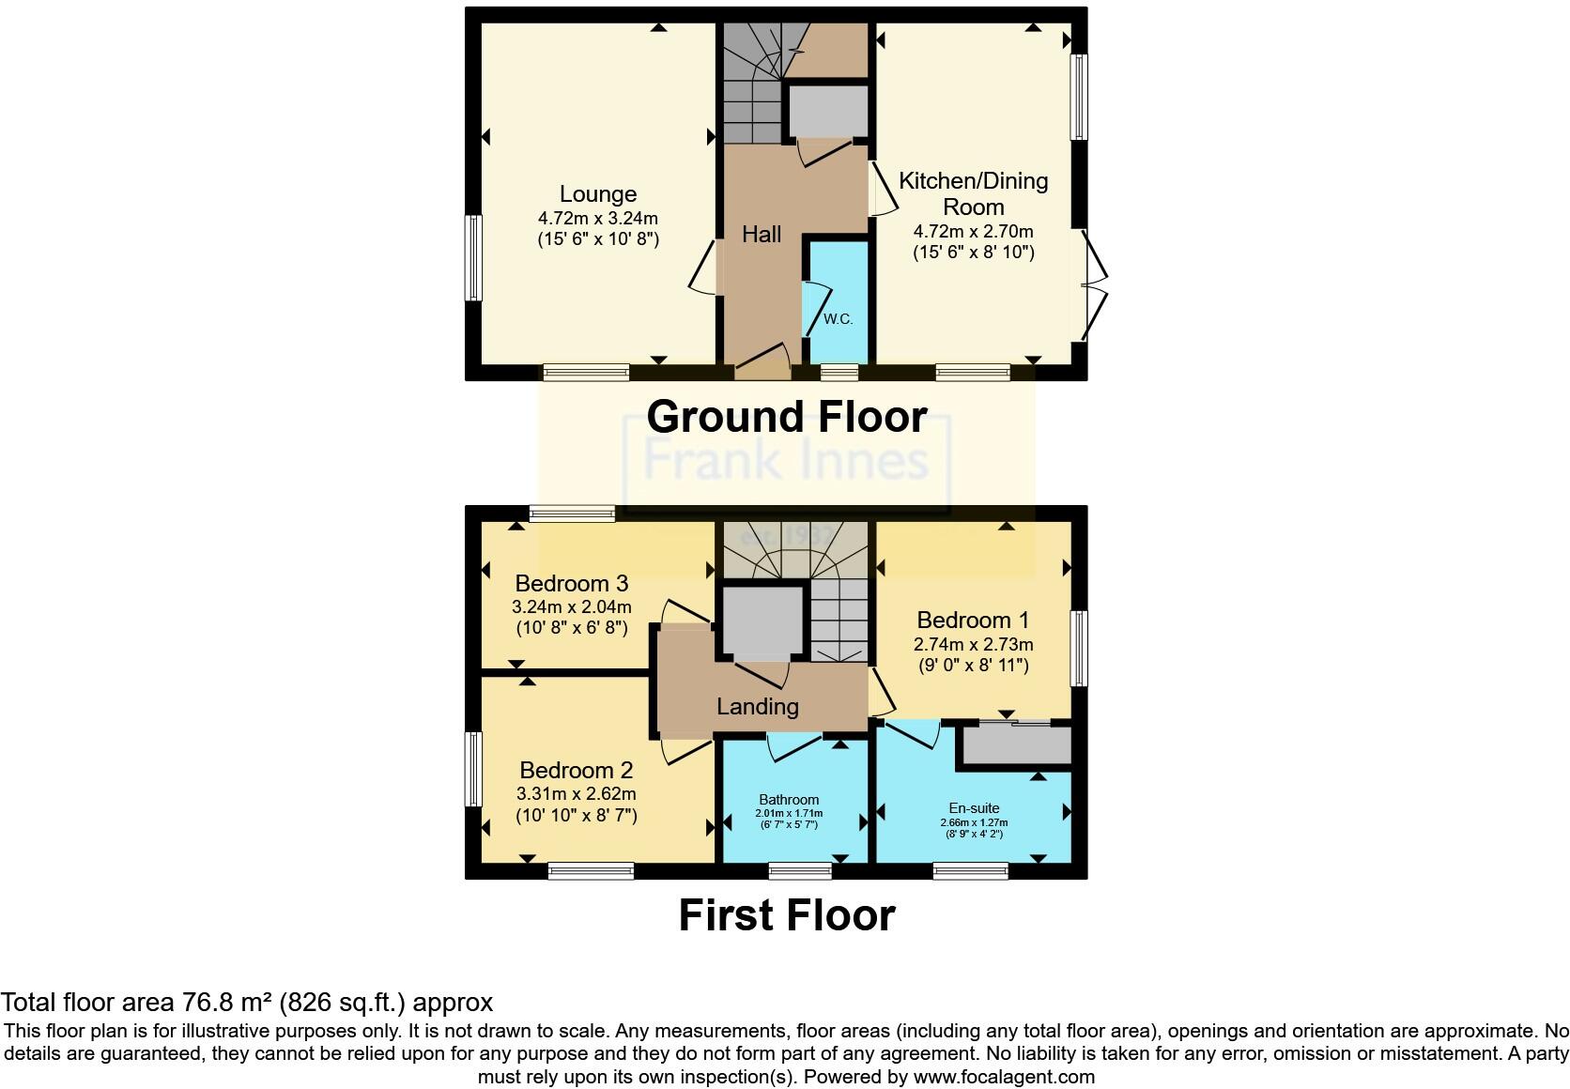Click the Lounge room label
pyautogui.click(x=598, y=194)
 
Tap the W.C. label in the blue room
pyautogui.click(x=839, y=319)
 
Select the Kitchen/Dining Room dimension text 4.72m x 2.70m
pyautogui.click(x=973, y=231)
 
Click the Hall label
pyautogui.click(x=762, y=235)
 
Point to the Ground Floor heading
pyautogui.click(x=786, y=417)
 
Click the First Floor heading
pyautogui.click(x=786, y=915)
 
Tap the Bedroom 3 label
pyautogui.click(x=571, y=584)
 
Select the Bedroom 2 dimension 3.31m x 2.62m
pyautogui.click(x=576, y=793)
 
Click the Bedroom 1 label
pyautogui.click(x=973, y=621)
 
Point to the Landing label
pyautogui.click(x=757, y=707)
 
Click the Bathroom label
pyautogui.click(x=789, y=800)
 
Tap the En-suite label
pyautogui.click(x=974, y=808)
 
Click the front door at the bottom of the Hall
pyautogui.click(x=763, y=363)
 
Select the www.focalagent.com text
pyautogui.click(x=1004, y=1077)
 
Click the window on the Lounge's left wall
pyautogui.click(x=474, y=258)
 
